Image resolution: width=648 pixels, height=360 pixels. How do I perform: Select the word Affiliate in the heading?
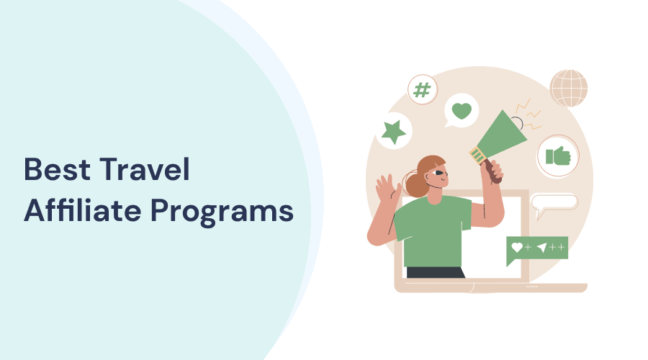tap(80, 212)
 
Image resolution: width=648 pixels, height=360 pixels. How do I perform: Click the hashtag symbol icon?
tap(423, 89)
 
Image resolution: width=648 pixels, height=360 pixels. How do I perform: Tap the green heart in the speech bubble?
tap(462, 111)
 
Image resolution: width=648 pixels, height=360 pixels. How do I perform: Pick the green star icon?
tap(394, 132)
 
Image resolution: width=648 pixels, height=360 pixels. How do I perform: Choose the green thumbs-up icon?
tap(558, 155)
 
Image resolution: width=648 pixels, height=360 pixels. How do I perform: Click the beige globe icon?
tap(569, 89)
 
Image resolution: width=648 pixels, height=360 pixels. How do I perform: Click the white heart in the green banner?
tap(516, 247)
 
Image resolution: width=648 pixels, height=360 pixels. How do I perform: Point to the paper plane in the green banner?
tap(542, 247)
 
